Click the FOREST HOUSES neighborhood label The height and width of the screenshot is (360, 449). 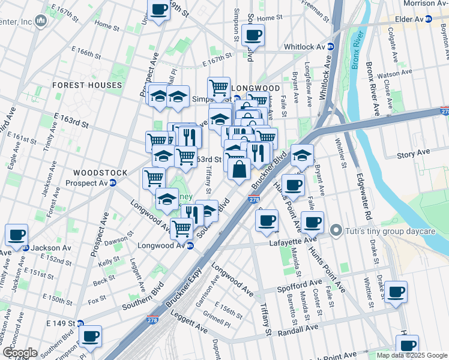87,85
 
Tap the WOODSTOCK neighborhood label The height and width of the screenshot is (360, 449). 100,173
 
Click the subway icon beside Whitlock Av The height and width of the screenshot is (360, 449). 331,47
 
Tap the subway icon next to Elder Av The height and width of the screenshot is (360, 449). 429,19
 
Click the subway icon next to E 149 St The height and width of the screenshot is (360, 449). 79,323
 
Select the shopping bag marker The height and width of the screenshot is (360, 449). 239,169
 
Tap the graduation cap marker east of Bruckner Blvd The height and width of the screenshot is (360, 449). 302,155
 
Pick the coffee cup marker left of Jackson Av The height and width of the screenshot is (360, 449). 17,234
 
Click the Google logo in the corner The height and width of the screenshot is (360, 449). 19,353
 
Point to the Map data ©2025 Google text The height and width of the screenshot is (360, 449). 411,355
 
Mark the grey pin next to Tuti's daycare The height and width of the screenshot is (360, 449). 336,230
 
